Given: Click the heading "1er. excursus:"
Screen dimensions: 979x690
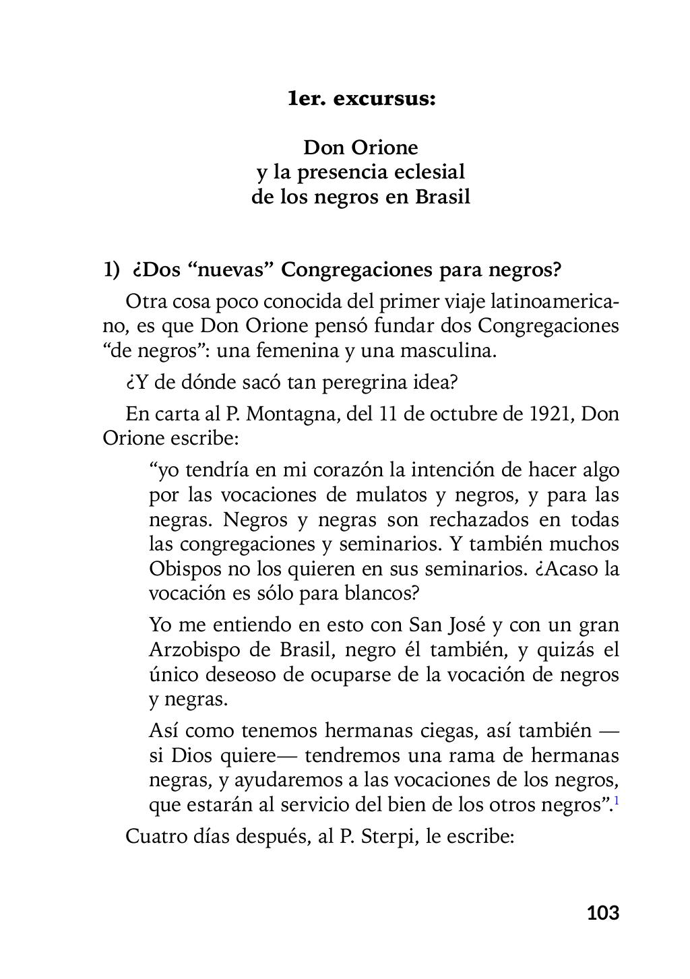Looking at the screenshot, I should [x=361, y=99].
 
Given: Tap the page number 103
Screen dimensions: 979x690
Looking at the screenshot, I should [x=602, y=913].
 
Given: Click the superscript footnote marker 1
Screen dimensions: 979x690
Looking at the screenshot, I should [x=616, y=800].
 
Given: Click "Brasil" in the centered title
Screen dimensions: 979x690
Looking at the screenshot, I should [x=442, y=197].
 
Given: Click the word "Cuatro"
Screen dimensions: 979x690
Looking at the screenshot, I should [x=157, y=837].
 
